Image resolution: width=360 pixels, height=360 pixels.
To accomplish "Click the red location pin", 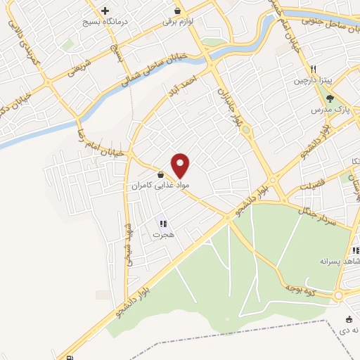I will coord(181,165).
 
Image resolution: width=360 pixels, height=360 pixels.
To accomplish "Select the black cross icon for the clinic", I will coord(105,11).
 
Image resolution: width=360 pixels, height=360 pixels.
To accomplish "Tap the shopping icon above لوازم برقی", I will coord(177,11).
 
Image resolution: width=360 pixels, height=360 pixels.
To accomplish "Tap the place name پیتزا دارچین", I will coord(313,81).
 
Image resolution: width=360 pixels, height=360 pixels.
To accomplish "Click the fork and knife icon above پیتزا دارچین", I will coord(313,69).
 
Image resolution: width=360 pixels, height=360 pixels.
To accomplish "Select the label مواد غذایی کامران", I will coord(159,186).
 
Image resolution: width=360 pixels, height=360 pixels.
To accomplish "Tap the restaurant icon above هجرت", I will coord(162,224).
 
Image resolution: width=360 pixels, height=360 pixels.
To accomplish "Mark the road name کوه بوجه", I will coord(301,286).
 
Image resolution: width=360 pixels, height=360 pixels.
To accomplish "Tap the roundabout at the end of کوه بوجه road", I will coord(340,295).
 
